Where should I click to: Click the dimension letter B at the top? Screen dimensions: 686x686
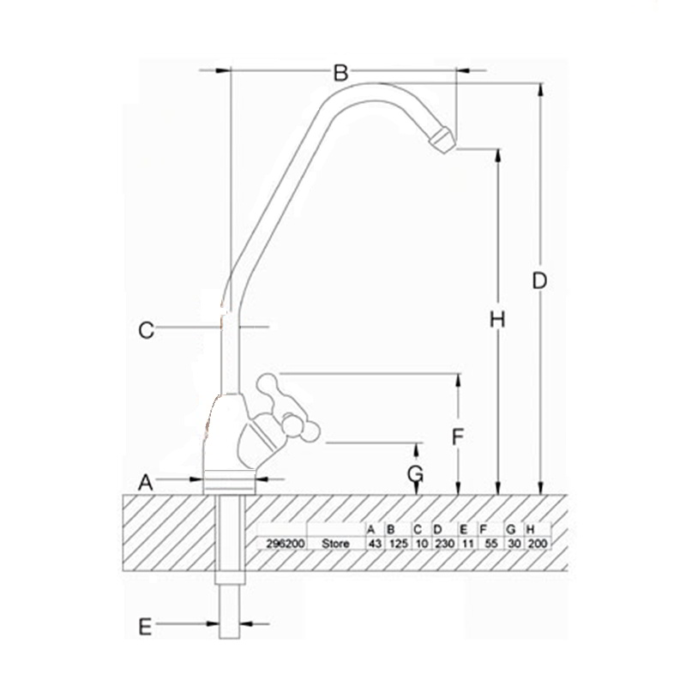pos(340,73)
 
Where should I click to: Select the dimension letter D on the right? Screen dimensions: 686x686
pos(539,280)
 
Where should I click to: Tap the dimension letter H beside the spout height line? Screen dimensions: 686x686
pos(497,319)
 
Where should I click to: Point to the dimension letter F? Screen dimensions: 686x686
pos(458,436)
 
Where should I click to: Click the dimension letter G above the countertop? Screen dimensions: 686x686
pos(415,472)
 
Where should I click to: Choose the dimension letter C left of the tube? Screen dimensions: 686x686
pos(146,330)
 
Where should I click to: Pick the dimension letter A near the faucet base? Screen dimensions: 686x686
pos(146,483)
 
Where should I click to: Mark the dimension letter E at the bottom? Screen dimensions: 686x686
pos(145,627)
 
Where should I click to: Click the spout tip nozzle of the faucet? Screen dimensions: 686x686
pos(442,140)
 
